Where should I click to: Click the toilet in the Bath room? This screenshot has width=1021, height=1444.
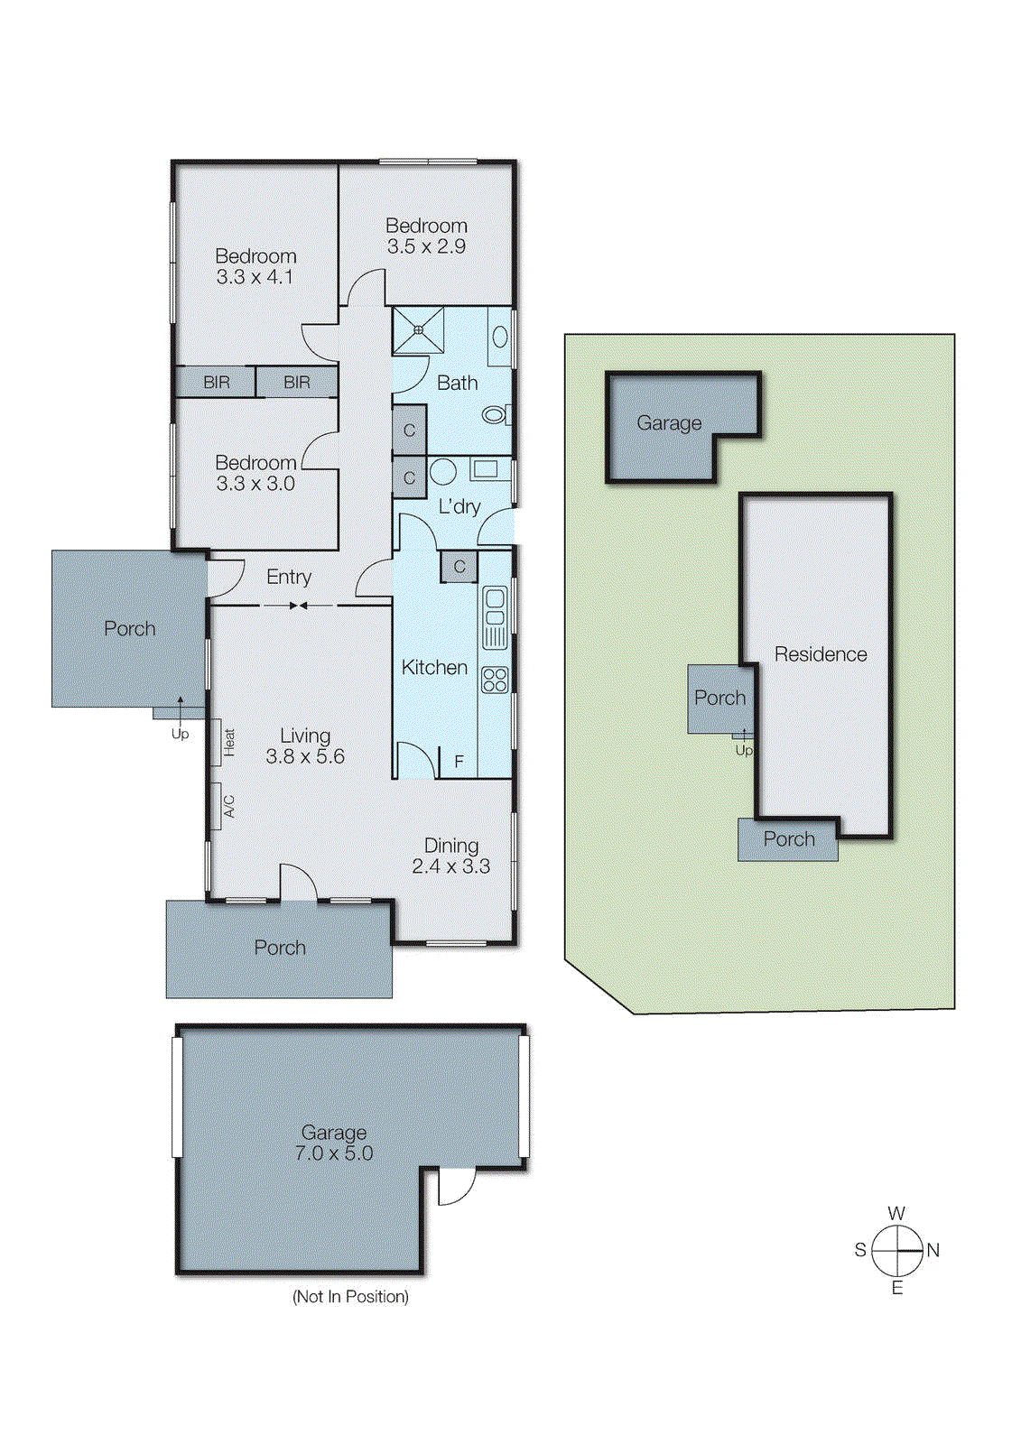coord(495,415)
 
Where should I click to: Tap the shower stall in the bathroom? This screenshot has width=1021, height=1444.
coord(418,330)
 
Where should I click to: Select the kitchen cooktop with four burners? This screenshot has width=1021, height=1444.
coord(495,680)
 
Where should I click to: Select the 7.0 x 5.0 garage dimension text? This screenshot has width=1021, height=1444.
coord(333,1153)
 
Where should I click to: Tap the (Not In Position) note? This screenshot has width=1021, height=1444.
coord(350,1297)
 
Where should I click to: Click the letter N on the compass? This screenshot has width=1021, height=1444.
coord(933,1251)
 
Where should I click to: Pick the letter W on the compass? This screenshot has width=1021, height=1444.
coord(896,1214)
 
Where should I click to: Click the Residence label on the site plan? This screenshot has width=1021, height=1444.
coord(820,654)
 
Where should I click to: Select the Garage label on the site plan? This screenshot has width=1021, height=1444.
coord(669,423)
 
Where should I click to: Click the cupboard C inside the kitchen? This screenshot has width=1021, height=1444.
coord(459,567)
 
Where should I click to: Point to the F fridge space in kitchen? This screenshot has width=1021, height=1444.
coord(459,762)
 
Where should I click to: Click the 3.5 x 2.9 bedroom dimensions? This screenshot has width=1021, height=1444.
coord(426,247)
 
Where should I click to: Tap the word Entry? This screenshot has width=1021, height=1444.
coord(289,577)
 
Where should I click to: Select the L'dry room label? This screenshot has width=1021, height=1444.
coord(459,507)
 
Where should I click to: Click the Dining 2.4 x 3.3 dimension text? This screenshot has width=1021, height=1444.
coord(450,866)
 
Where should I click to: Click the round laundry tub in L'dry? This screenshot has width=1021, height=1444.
coord(442,471)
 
